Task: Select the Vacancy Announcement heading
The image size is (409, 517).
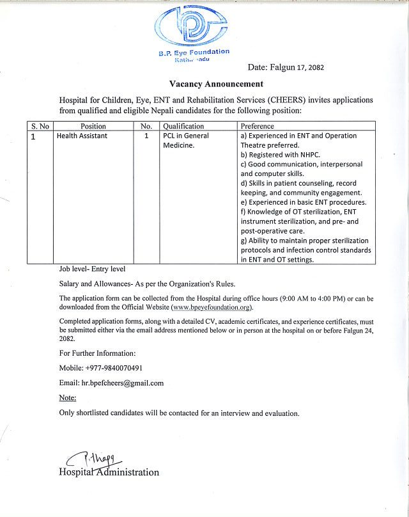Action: pyautogui.click(x=216, y=84)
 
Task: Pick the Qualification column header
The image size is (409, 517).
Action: pyautogui.click(x=183, y=126)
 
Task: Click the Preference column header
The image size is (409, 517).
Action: pyautogui.click(x=258, y=126)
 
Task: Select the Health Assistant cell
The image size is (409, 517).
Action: pyautogui.click(x=82, y=136)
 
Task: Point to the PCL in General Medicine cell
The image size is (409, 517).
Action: pyautogui.click(x=185, y=141)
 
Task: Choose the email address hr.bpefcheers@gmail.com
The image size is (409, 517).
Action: pyautogui.click(x=122, y=383)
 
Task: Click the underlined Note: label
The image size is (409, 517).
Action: pyautogui.click(x=68, y=397)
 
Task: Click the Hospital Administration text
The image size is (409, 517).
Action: pyautogui.click(x=109, y=472)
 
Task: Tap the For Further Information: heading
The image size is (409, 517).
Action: pyautogui.click(x=97, y=353)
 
